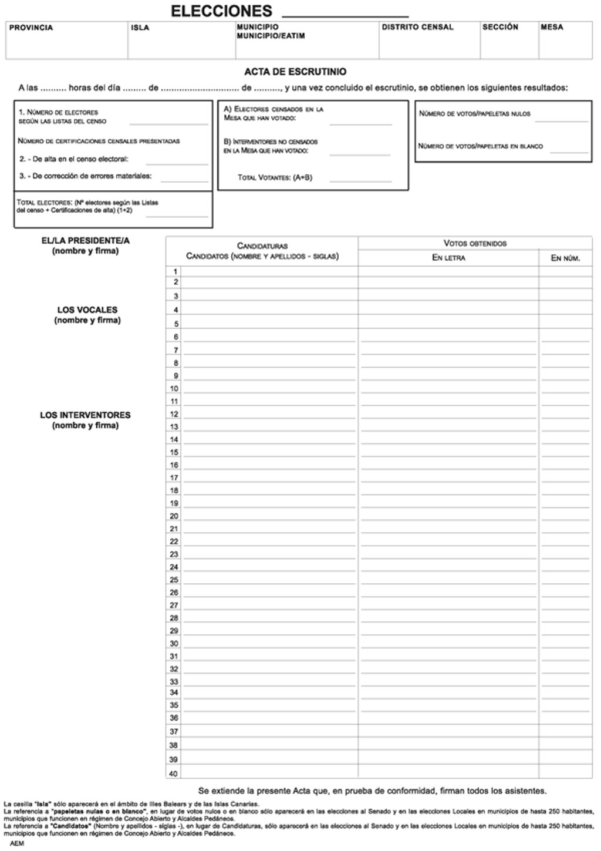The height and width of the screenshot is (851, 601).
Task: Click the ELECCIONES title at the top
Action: (221, 11)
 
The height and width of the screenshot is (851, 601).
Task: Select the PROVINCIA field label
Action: (31, 28)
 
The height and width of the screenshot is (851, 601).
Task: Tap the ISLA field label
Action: (140, 28)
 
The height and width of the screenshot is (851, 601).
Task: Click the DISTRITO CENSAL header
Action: (417, 27)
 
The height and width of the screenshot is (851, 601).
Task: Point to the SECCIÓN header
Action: (500, 27)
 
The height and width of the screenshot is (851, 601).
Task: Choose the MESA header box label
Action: (552, 27)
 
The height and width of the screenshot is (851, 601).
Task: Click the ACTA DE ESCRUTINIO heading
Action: (295, 72)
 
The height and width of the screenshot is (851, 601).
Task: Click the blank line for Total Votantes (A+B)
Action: (360, 180)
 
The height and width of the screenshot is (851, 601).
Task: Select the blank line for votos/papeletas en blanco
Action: (569, 151)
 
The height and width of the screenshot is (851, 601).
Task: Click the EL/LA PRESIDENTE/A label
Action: (86, 241)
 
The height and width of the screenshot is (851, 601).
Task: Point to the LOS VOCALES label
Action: (87, 310)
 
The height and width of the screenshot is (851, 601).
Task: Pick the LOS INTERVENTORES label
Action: (86, 415)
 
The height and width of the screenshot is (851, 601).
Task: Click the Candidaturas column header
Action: (262, 245)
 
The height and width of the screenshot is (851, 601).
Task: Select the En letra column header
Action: (448, 258)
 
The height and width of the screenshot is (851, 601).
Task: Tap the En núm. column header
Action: (565, 258)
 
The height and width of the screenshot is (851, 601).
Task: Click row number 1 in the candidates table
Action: (175, 271)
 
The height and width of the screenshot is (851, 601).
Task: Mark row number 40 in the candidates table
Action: (174, 773)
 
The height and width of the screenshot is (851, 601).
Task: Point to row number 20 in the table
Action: (174, 516)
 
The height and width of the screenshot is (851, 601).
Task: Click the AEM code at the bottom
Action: (17, 844)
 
